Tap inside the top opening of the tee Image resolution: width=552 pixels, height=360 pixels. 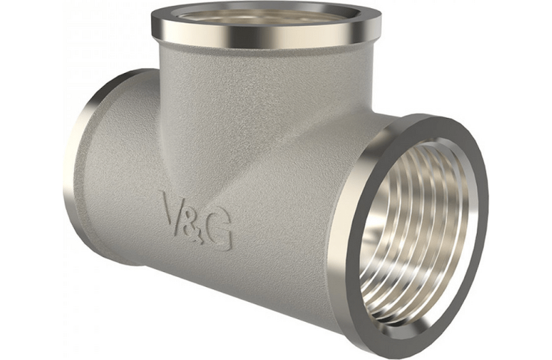266,15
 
